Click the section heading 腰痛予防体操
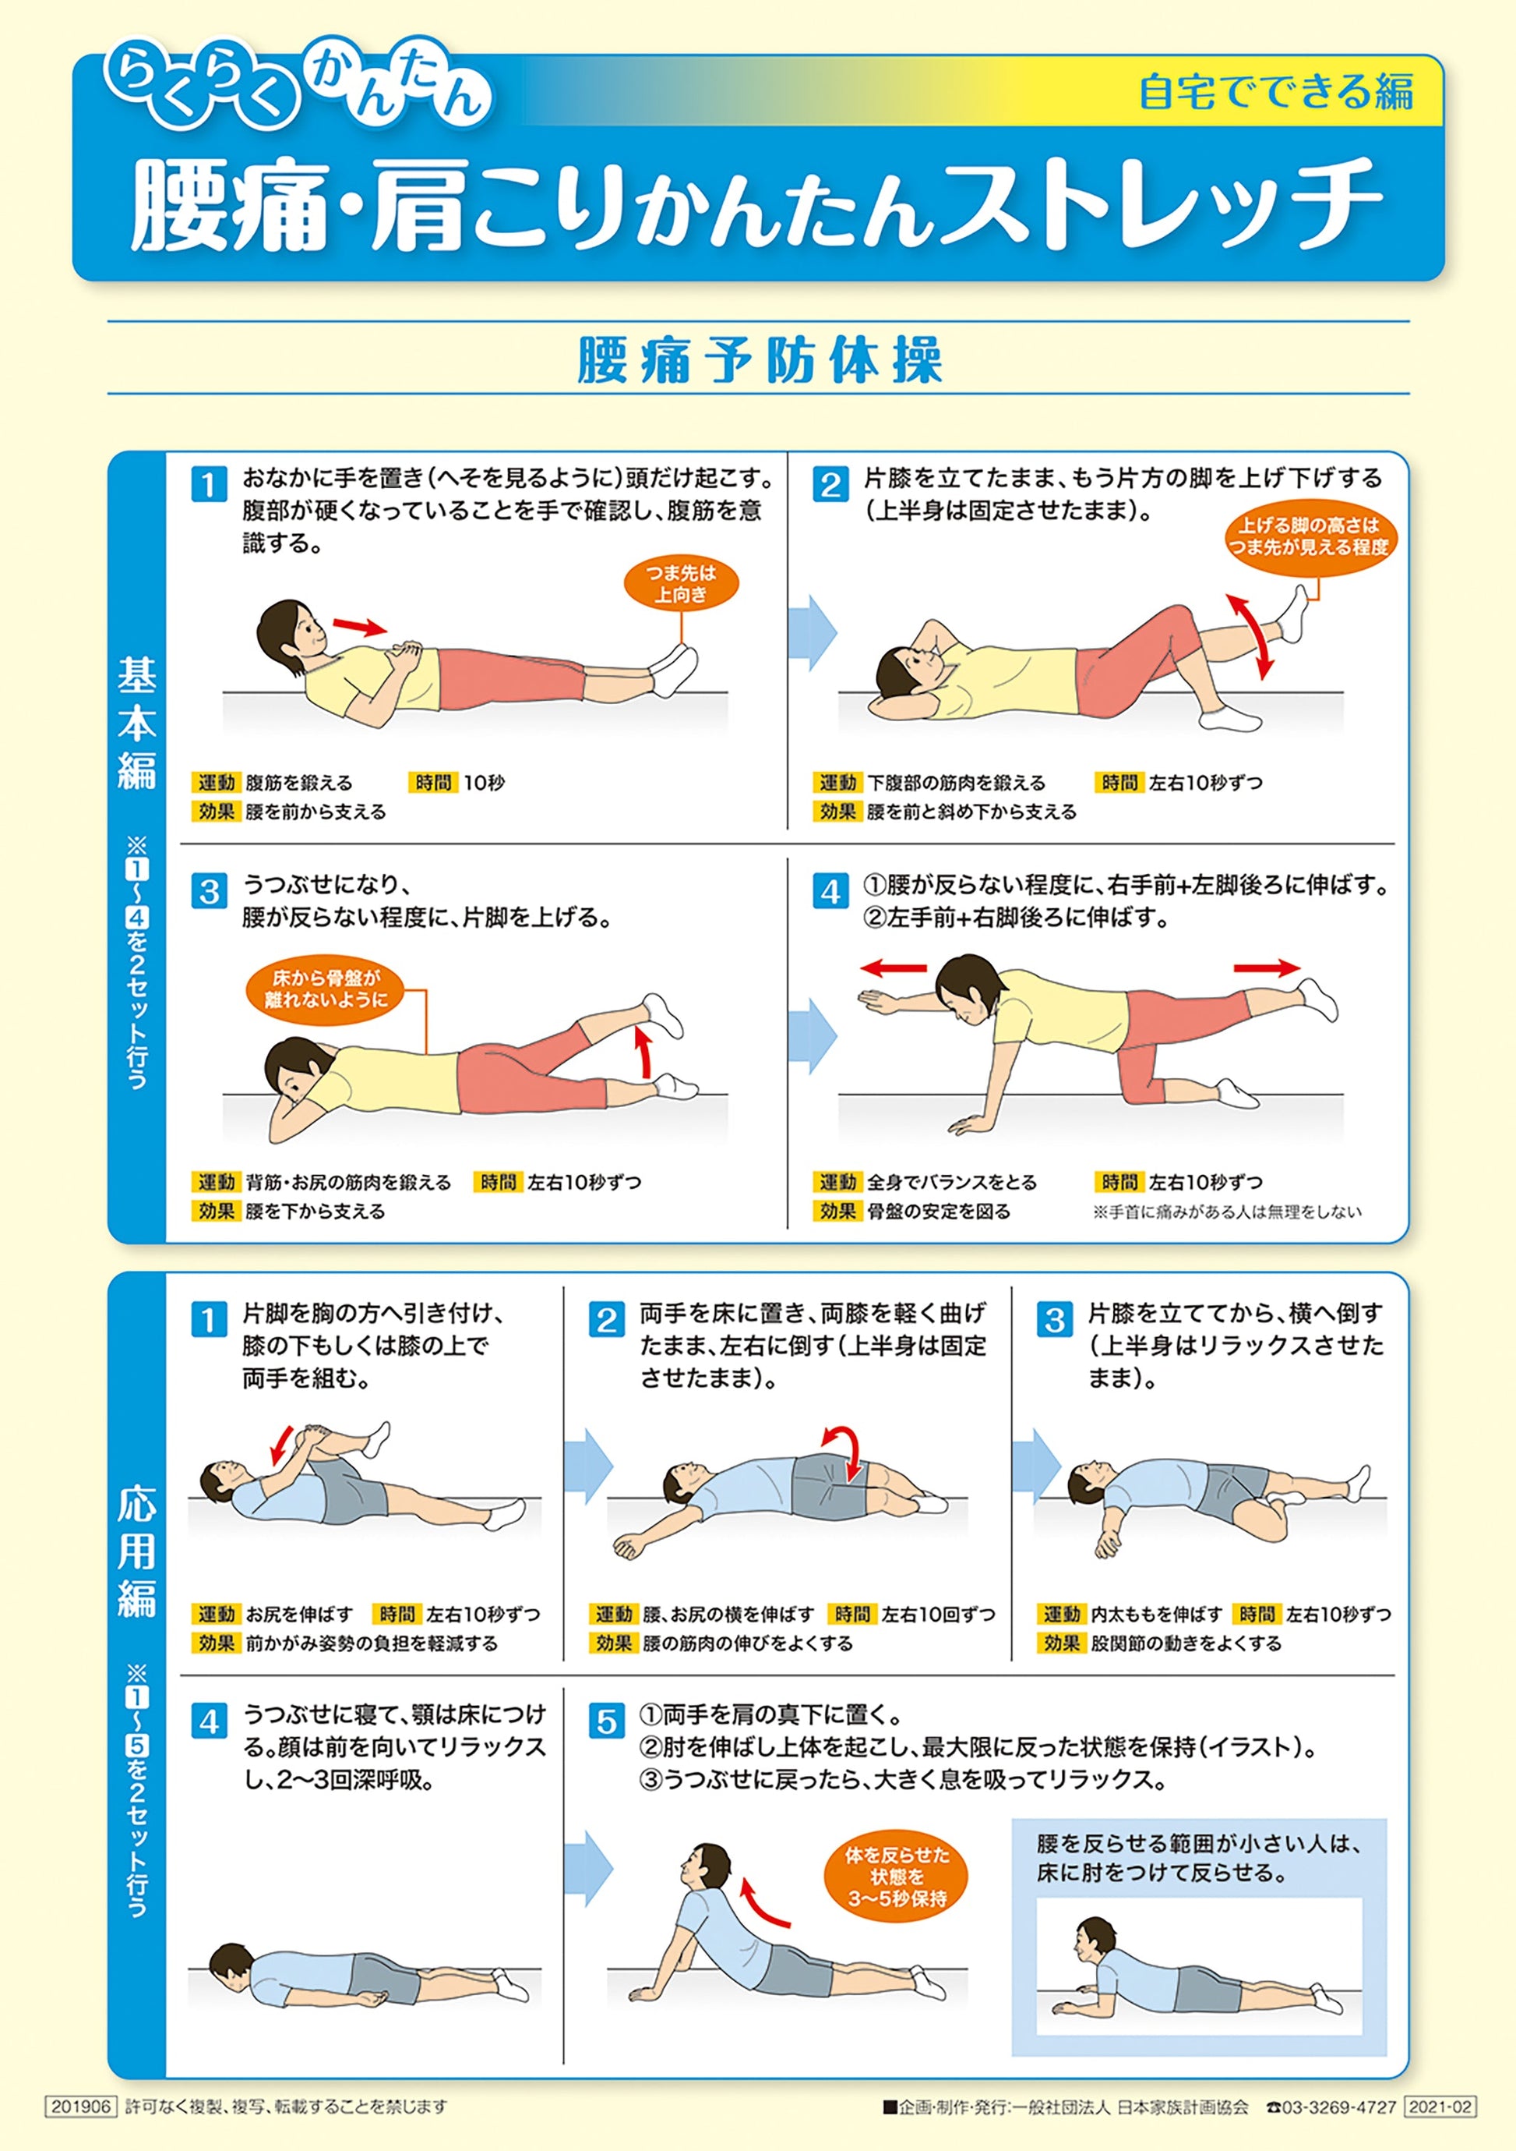coord(759,361)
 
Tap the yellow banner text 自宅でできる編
coord(1275,93)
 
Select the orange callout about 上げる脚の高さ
coord(1309,537)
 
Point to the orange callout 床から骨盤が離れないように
coord(326,989)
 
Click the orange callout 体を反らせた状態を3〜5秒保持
coord(896,1877)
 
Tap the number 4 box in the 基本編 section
coord(830,891)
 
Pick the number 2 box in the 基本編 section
coord(830,485)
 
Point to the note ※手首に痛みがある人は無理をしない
coord(1227,1212)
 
